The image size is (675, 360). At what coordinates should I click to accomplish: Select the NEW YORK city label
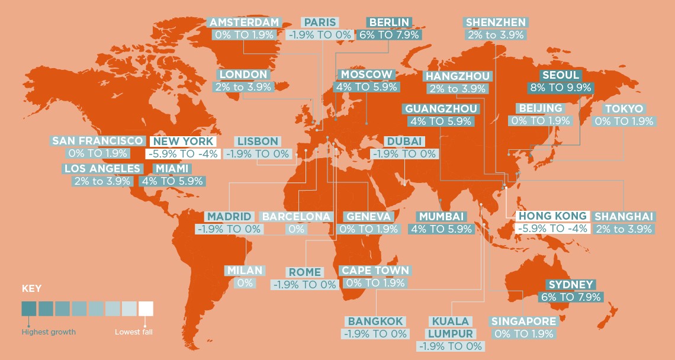(182, 142)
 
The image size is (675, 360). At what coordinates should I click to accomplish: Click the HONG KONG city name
(552, 216)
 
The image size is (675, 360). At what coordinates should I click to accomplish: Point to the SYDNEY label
(571, 285)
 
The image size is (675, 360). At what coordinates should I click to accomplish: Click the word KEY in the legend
(31, 290)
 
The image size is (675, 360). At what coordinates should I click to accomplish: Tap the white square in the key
(146, 308)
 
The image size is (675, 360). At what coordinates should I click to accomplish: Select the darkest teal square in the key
(28, 308)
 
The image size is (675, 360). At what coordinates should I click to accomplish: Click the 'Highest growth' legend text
(49, 332)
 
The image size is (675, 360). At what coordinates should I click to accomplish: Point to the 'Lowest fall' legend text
(133, 332)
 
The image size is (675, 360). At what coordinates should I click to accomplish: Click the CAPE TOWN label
(375, 271)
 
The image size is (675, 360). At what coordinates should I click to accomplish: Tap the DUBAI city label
(404, 142)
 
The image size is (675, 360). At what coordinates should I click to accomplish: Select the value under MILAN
(245, 283)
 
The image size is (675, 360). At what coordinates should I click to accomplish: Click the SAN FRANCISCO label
(98, 141)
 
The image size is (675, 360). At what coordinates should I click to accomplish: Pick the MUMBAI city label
(441, 216)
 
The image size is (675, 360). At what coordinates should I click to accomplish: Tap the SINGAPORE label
(523, 322)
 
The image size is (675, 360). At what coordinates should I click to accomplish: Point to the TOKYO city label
(623, 109)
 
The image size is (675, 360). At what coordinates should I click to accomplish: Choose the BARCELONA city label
(296, 216)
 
